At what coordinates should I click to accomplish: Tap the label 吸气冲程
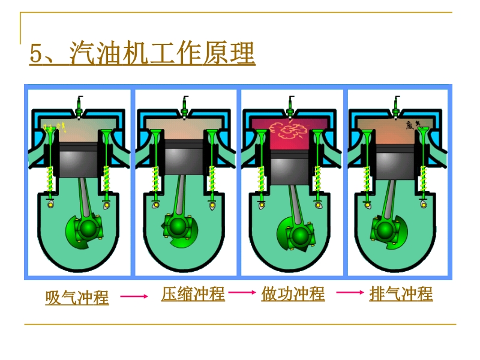77,297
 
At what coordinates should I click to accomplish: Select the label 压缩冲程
193,294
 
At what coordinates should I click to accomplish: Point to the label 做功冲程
293,294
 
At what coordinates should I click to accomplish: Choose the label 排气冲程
401,294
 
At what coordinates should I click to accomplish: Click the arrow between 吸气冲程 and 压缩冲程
134,296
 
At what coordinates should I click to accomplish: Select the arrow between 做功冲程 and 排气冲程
349,293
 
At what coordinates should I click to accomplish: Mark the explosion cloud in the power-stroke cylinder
287,128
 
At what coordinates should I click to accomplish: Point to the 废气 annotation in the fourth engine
412,125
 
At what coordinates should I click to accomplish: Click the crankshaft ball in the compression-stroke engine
178,226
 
